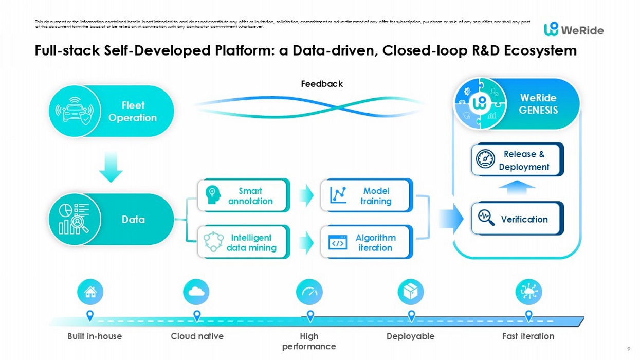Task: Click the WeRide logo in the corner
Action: [574, 29]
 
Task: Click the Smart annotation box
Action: [244, 196]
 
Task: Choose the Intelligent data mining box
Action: [244, 242]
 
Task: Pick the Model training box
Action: [367, 196]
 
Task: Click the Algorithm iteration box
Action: [367, 242]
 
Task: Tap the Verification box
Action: [517, 219]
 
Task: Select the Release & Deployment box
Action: [517, 160]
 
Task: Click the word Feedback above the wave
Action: [322, 84]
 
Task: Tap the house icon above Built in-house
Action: [90, 292]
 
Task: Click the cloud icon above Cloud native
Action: [196, 292]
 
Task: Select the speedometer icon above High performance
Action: [309, 292]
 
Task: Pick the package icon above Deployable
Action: [411, 292]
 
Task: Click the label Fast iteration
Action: [528, 336]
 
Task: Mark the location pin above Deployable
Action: [411, 316]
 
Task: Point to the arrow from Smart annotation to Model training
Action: [306, 196]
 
